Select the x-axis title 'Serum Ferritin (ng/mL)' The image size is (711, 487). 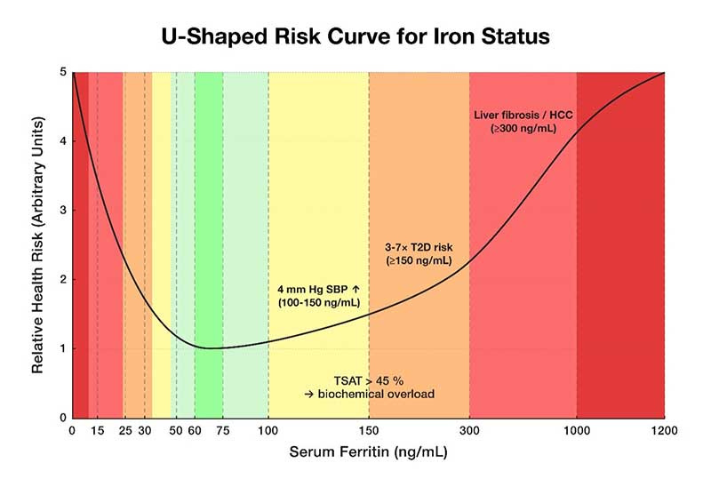pos(368,452)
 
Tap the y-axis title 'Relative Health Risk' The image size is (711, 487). pos(39,244)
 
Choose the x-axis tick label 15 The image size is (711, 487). pos(98,431)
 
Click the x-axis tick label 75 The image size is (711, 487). pos(222,431)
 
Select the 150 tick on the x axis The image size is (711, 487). pos(369,431)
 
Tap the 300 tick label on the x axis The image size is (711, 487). pos(469,431)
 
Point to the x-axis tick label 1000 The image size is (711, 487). pos(577,431)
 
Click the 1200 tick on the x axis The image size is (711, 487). pos(665,431)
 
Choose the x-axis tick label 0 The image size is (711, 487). pos(72,431)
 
